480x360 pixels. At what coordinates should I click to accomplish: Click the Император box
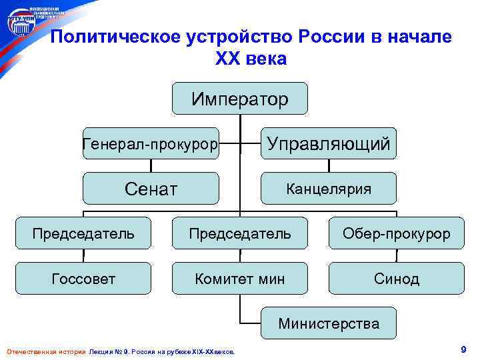[x=240, y=99]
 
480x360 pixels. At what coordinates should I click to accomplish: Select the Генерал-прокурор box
[x=151, y=143]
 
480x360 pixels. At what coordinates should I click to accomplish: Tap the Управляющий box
[x=329, y=143]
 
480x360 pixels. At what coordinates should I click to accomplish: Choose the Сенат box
[x=151, y=189]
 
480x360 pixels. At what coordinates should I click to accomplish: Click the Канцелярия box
[x=329, y=189]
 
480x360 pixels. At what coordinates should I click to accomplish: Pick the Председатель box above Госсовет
[x=84, y=233]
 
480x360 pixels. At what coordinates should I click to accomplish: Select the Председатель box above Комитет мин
[x=240, y=233]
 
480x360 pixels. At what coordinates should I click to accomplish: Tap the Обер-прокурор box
[x=396, y=233]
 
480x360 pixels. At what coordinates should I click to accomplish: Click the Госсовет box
[x=84, y=279]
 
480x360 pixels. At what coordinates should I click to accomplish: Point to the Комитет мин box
[x=240, y=279]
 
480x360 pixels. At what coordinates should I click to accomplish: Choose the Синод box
[x=396, y=279]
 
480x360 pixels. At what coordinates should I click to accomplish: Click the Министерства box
[x=329, y=323]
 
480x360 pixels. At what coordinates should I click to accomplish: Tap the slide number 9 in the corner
[x=462, y=349]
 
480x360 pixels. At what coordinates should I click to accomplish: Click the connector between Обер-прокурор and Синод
[x=396, y=256]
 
